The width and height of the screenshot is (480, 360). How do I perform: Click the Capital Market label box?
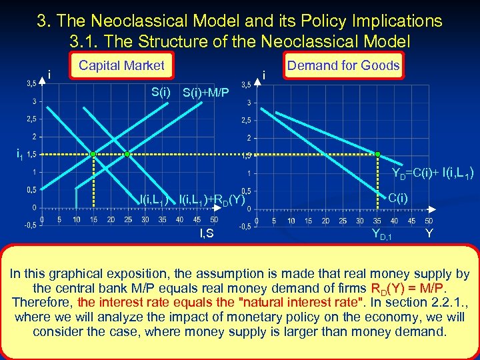tap(121, 65)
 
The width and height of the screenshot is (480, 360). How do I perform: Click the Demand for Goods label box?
tap(343, 65)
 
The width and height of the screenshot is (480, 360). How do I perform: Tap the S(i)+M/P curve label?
tap(205, 92)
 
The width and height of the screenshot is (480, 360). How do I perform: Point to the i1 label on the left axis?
tap(20, 154)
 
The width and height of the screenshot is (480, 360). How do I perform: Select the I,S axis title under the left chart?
tap(207, 233)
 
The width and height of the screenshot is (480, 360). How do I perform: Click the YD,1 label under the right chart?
tap(382, 234)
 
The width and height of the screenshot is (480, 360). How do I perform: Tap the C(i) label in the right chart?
tap(399, 197)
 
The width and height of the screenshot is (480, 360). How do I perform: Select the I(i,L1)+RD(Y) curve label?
tap(212, 199)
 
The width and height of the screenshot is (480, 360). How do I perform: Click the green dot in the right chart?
tap(377, 154)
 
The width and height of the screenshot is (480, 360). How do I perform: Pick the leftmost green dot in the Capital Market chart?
tap(93, 154)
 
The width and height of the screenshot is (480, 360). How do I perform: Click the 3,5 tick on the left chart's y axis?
tap(31, 84)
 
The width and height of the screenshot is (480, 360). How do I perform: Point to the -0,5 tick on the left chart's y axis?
tap(30, 225)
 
